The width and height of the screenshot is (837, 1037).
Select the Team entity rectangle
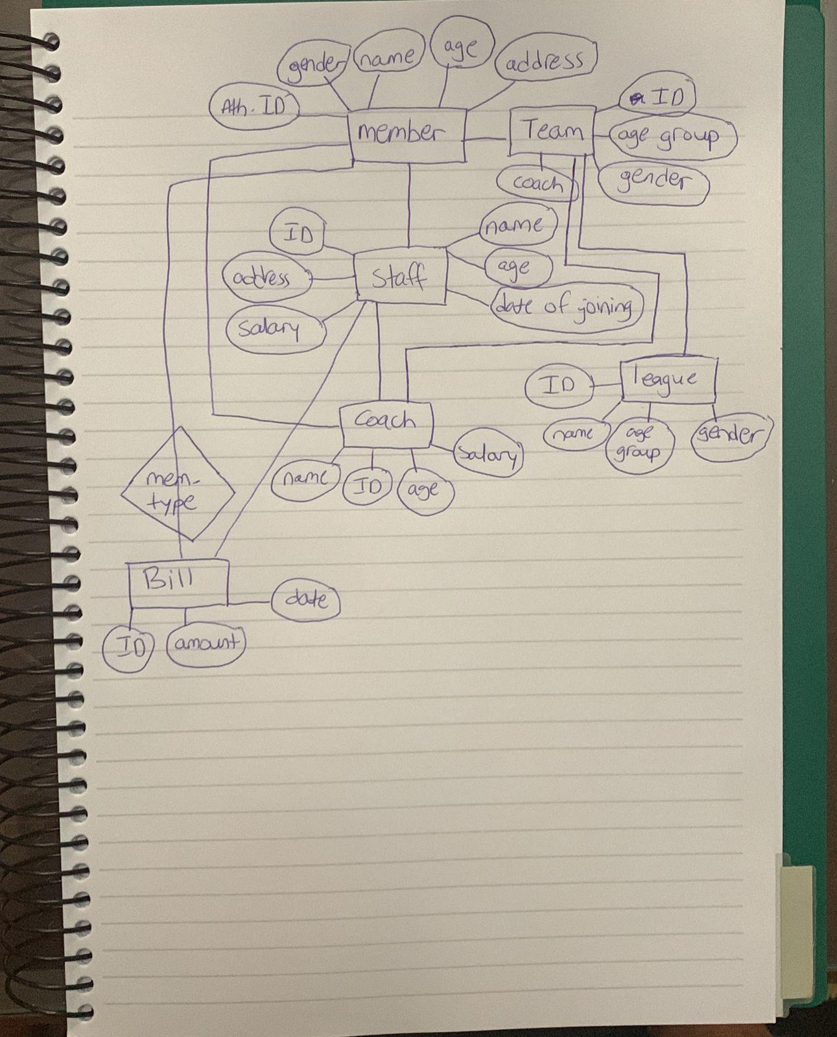coord(552,131)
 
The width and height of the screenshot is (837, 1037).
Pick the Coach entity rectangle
coord(386,425)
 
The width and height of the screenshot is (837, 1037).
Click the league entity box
coord(668,380)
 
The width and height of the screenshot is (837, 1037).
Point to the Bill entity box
coord(178,583)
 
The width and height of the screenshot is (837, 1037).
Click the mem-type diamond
coord(178,483)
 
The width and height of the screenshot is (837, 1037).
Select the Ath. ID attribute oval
coord(255,106)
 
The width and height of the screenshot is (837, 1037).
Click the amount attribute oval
coord(206,645)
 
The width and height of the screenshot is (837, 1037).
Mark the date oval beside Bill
coord(306,601)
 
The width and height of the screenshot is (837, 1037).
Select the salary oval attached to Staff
coord(276,330)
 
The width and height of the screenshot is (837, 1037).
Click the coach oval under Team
coord(537,183)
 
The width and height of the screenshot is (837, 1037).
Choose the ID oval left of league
coord(560,386)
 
